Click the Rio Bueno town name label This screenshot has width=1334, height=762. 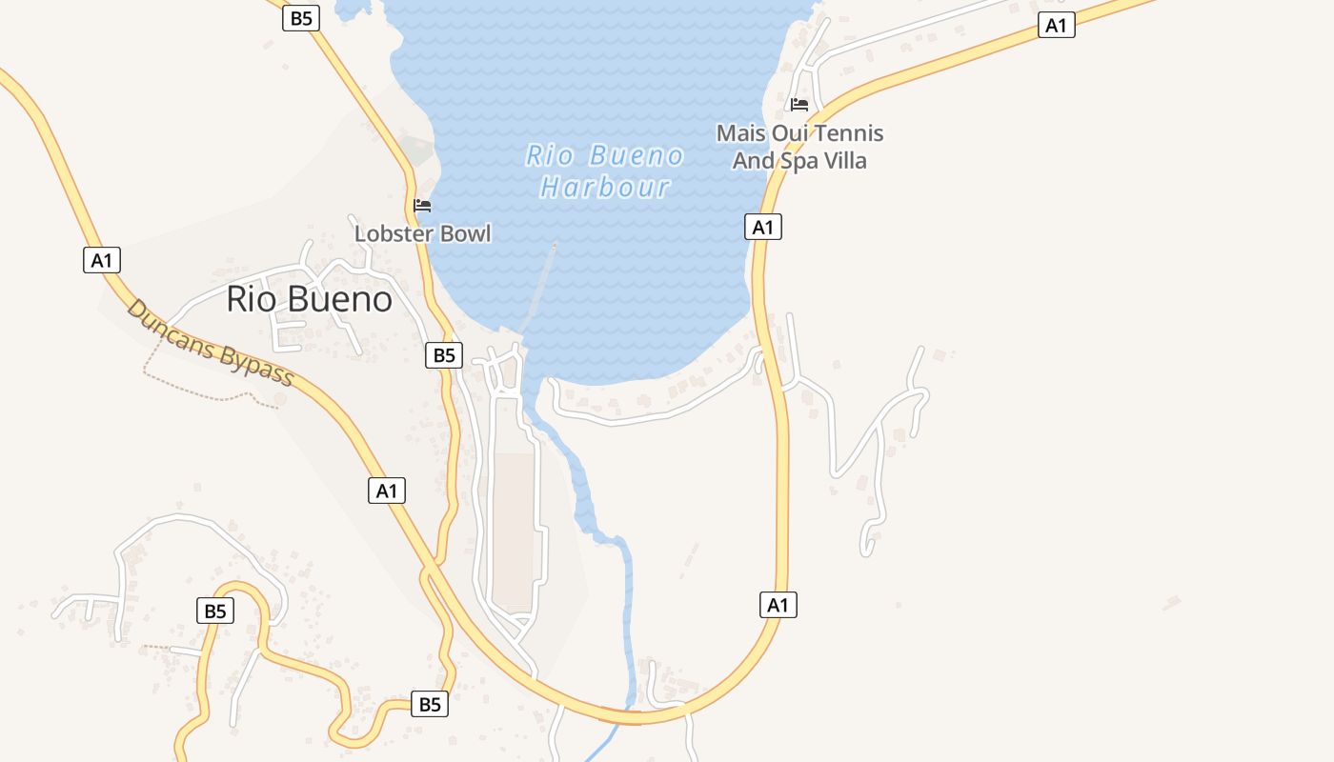(x=309, y=299)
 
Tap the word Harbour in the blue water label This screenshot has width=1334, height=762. (x=605, y=187)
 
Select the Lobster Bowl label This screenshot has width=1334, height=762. (x=422, y=233)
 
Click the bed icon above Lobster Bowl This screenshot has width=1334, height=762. (x=422, y=205)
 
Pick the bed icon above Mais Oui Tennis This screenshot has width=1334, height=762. (x=799, y=104)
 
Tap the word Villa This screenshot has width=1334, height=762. (x=846, y=160)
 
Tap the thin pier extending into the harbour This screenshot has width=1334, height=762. (x=543, y=286)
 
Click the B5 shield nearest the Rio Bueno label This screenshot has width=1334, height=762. (x=443, y=355)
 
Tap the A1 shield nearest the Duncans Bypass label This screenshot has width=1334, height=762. (x=102, y=259)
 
